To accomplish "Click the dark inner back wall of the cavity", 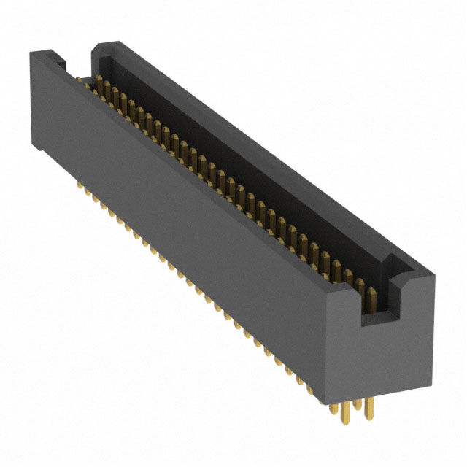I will pyautogui.click(x=241, y=168).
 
